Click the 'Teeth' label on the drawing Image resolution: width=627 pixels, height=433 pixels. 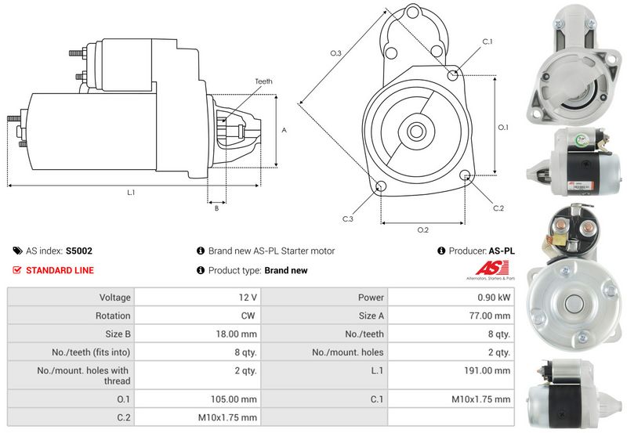tap(263, 81)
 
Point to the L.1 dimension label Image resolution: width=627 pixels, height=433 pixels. tap(131, 193)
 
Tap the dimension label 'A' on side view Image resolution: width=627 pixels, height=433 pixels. tap(284, 131)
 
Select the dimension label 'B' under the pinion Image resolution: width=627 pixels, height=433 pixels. tap(216, 208)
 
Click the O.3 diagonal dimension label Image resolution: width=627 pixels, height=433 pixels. tap(335, 53)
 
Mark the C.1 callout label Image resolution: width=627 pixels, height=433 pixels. tap(486, 41)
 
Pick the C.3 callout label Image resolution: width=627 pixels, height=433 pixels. tap(347, 218)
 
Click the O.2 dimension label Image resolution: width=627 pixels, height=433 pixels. tap(422, 229)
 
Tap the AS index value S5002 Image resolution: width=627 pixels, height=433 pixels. tap(79, 251)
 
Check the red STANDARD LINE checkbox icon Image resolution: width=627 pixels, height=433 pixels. tap(17, 270)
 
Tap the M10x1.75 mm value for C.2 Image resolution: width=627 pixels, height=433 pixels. tap(228, 417)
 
